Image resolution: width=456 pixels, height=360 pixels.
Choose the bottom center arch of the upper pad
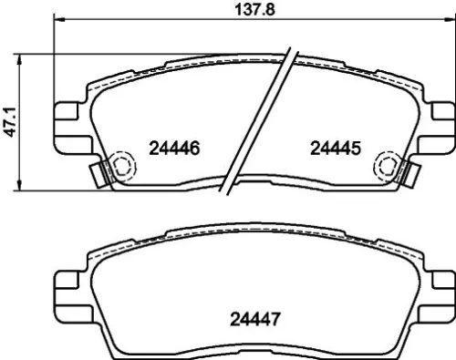tap(254, 181)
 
